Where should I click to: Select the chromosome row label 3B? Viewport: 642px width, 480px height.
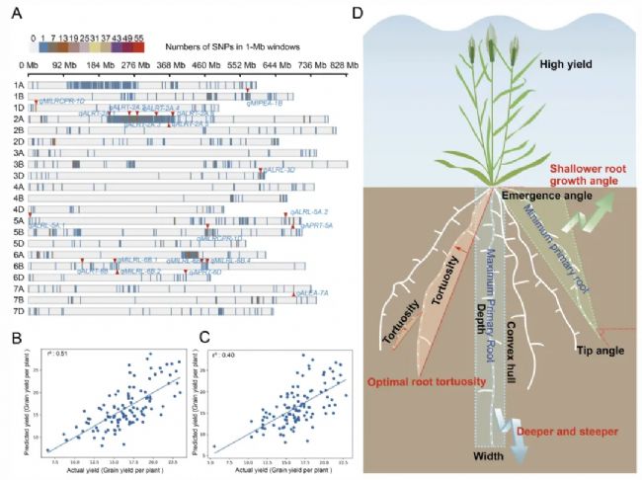tap(19, 164)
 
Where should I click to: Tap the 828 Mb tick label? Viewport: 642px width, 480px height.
tap(335, 66)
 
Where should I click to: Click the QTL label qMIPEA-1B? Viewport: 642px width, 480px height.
tap(264, 102)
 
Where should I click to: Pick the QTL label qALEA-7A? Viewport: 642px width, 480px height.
tap(309, 293)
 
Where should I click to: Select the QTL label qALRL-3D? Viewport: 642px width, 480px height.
tap(278, 171)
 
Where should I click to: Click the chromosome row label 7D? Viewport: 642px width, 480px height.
tap(19, 311)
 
